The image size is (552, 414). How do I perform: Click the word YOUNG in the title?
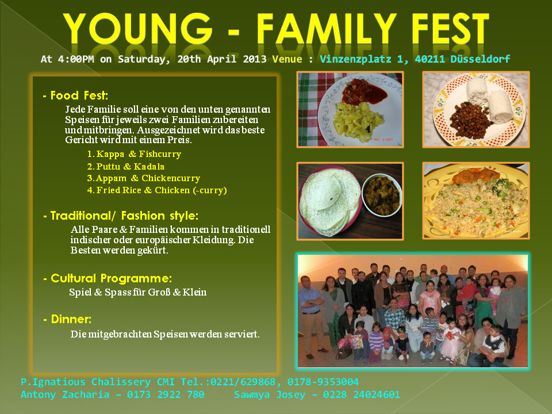point(138,29)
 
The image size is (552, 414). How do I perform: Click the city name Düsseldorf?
point(480,59)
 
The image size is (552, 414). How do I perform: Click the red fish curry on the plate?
point(364,91)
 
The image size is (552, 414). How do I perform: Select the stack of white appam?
point(330,202)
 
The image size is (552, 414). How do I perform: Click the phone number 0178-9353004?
point(323,382)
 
